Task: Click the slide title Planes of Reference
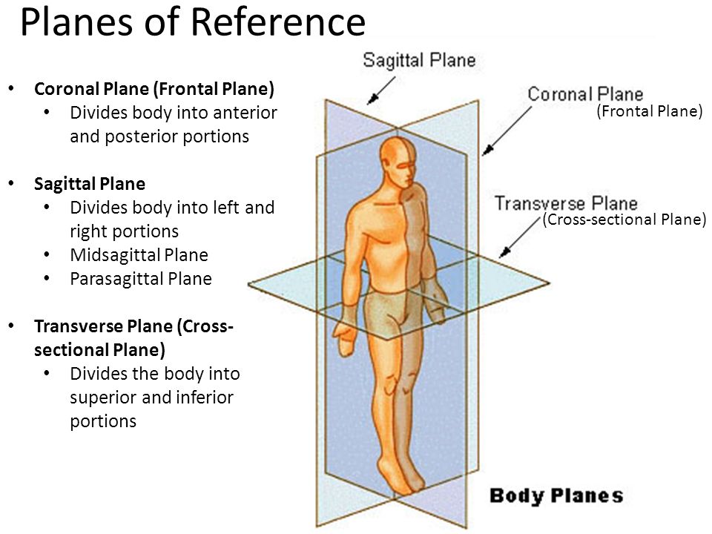tap(192, 23)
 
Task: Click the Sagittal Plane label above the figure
tap(419, 60)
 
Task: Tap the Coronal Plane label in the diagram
tap(585, 95)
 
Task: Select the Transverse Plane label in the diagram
tap(566, 203)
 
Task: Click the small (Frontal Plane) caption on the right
tap(649, 112)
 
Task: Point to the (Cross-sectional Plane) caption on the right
tap(625, 220)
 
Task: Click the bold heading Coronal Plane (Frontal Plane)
tap(154, 90)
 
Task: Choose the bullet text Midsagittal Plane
tap(139, 255)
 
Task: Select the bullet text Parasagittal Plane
tap(141, 279)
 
